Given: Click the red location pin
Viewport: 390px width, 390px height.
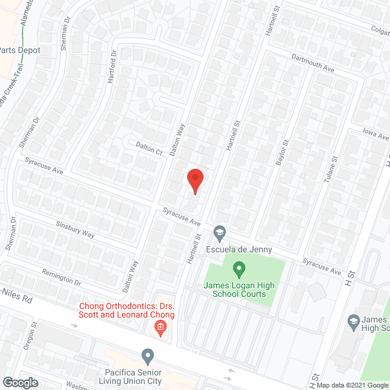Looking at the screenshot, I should click(x=194, y=180).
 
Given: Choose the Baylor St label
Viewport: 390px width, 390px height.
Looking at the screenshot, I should click(x=282, y=152).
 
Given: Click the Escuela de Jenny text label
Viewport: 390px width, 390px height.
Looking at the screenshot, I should click(x=239, y=250).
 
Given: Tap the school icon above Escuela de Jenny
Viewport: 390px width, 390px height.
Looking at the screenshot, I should click(x=219, y=232).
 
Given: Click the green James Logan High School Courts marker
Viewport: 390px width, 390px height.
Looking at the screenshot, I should click(x=239, y=268).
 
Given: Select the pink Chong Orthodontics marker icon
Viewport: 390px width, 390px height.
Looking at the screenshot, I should click(x=160, y=330).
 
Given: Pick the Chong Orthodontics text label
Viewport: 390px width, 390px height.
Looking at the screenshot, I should click(x=126, y=310).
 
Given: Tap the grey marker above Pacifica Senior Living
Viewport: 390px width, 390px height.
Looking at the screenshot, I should click(x=147, y=355).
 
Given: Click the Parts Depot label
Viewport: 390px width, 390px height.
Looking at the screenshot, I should click(x=20, y=50).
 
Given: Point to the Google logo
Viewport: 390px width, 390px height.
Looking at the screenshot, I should click(x=19, y=382).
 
